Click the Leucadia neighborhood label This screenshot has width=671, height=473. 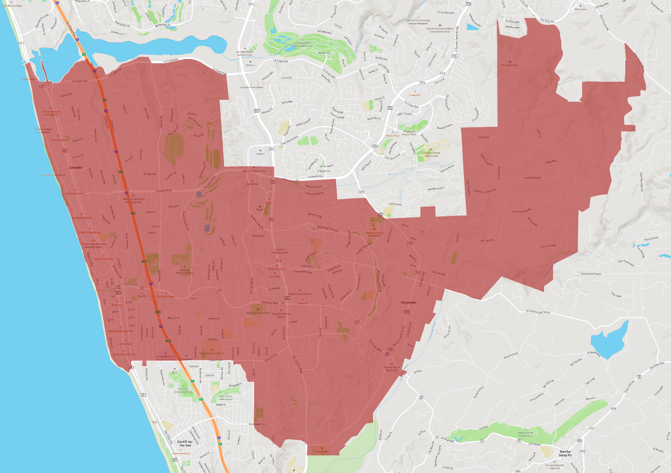click(76, 167)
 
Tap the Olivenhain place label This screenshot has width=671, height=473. click(409, 302)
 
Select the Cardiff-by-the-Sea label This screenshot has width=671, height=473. click(185, 443)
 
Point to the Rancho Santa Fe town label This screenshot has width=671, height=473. click(565, 453)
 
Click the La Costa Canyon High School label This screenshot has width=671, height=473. click(431, 154)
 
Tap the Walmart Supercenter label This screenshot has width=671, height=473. click(254, 171)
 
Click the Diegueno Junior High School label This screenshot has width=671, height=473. click(374, 234)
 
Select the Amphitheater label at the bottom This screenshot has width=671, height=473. click(321, 451)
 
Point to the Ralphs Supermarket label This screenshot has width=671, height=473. click(299, 294)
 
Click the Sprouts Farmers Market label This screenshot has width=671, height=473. click(281, 315)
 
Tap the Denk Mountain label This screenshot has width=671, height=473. click(510, 65)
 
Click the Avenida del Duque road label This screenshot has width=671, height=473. click(591, 274)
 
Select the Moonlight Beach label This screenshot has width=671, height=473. click(94, 247)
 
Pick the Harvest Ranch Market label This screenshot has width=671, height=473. click(392, 369)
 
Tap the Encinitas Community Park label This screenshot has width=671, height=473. click(183, 390)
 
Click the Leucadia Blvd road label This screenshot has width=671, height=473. click(164, 191)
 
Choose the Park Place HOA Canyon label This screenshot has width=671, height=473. click(226, 397)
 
